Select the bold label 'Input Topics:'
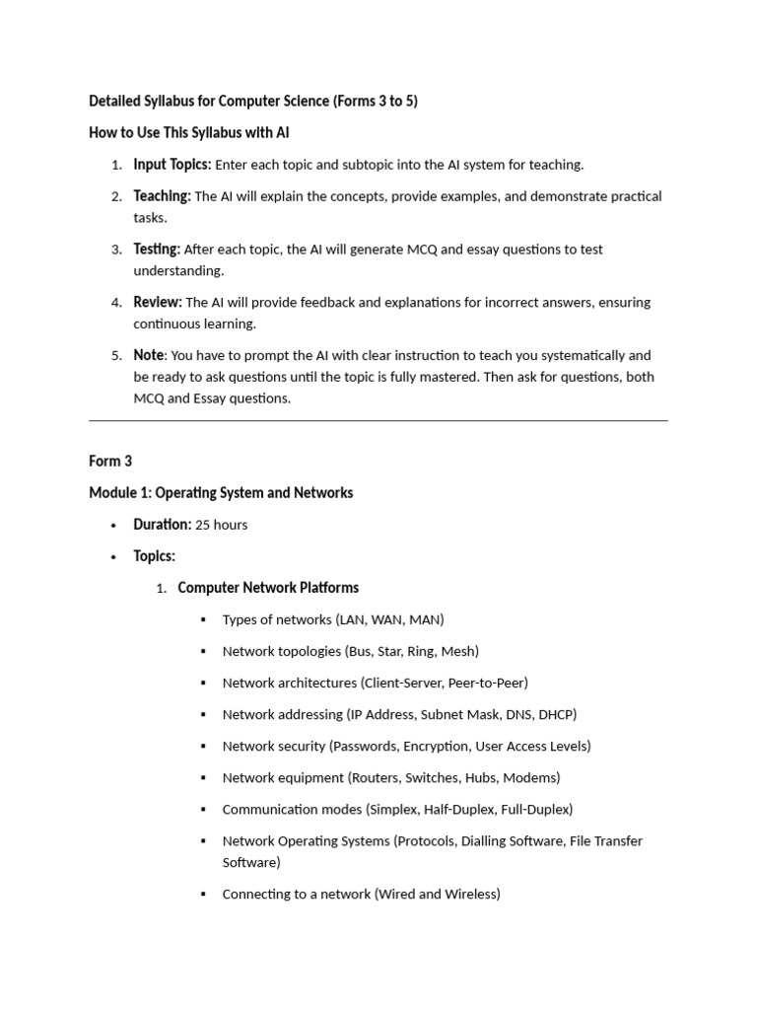coord(172,165)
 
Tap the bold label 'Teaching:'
coord(162,196)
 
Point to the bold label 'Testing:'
coord(157,250)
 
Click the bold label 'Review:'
coord(158,302)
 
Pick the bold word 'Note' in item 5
coord(149,355)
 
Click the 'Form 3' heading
coord(110,461)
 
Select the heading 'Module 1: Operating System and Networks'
coord(221,492)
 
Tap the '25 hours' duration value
coord(222,525)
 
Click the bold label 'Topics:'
coord(154,556)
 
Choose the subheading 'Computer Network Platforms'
coord(268,588)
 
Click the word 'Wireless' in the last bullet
coord(467,894)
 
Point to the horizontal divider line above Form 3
coord(378,421)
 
